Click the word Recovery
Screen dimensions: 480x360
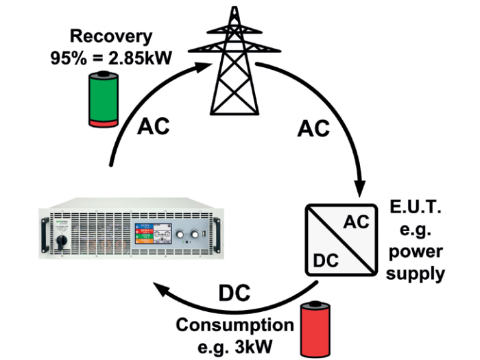[111, 37]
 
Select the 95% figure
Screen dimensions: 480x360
[69, 58]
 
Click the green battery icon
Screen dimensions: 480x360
[104, 99]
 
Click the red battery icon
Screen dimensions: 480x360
[315, 328]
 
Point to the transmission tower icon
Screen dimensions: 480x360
[235, 60]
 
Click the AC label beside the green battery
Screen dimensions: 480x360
[154, 125]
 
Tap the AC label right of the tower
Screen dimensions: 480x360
[313, 128]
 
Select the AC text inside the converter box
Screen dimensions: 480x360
[357, 222]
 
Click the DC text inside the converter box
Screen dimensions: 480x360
[326, 261]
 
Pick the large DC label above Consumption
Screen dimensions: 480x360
[235, 293]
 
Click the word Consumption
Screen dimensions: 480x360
[235, 325]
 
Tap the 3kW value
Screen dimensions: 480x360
[254, 347]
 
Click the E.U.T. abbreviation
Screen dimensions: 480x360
[416, 207]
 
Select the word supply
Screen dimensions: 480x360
[415, 274]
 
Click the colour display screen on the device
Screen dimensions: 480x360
[153, 234]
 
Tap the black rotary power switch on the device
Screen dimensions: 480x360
[60, 242]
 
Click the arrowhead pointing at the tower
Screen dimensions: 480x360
[203, 67]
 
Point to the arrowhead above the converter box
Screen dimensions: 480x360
[360, 189]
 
